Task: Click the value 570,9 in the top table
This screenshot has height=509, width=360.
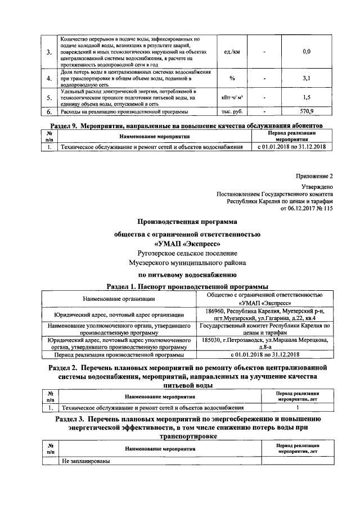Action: [x=307, y=111]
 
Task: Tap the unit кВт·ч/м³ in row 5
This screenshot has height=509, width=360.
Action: [x=232, y=97]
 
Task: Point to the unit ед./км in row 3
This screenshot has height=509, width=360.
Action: [x=232, y=51]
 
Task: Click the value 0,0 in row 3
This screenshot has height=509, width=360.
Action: [x=307, y=51]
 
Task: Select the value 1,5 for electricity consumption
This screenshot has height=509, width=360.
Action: [x=307, y=97]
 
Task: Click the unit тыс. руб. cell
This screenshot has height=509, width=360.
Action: [x=232, y=111]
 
